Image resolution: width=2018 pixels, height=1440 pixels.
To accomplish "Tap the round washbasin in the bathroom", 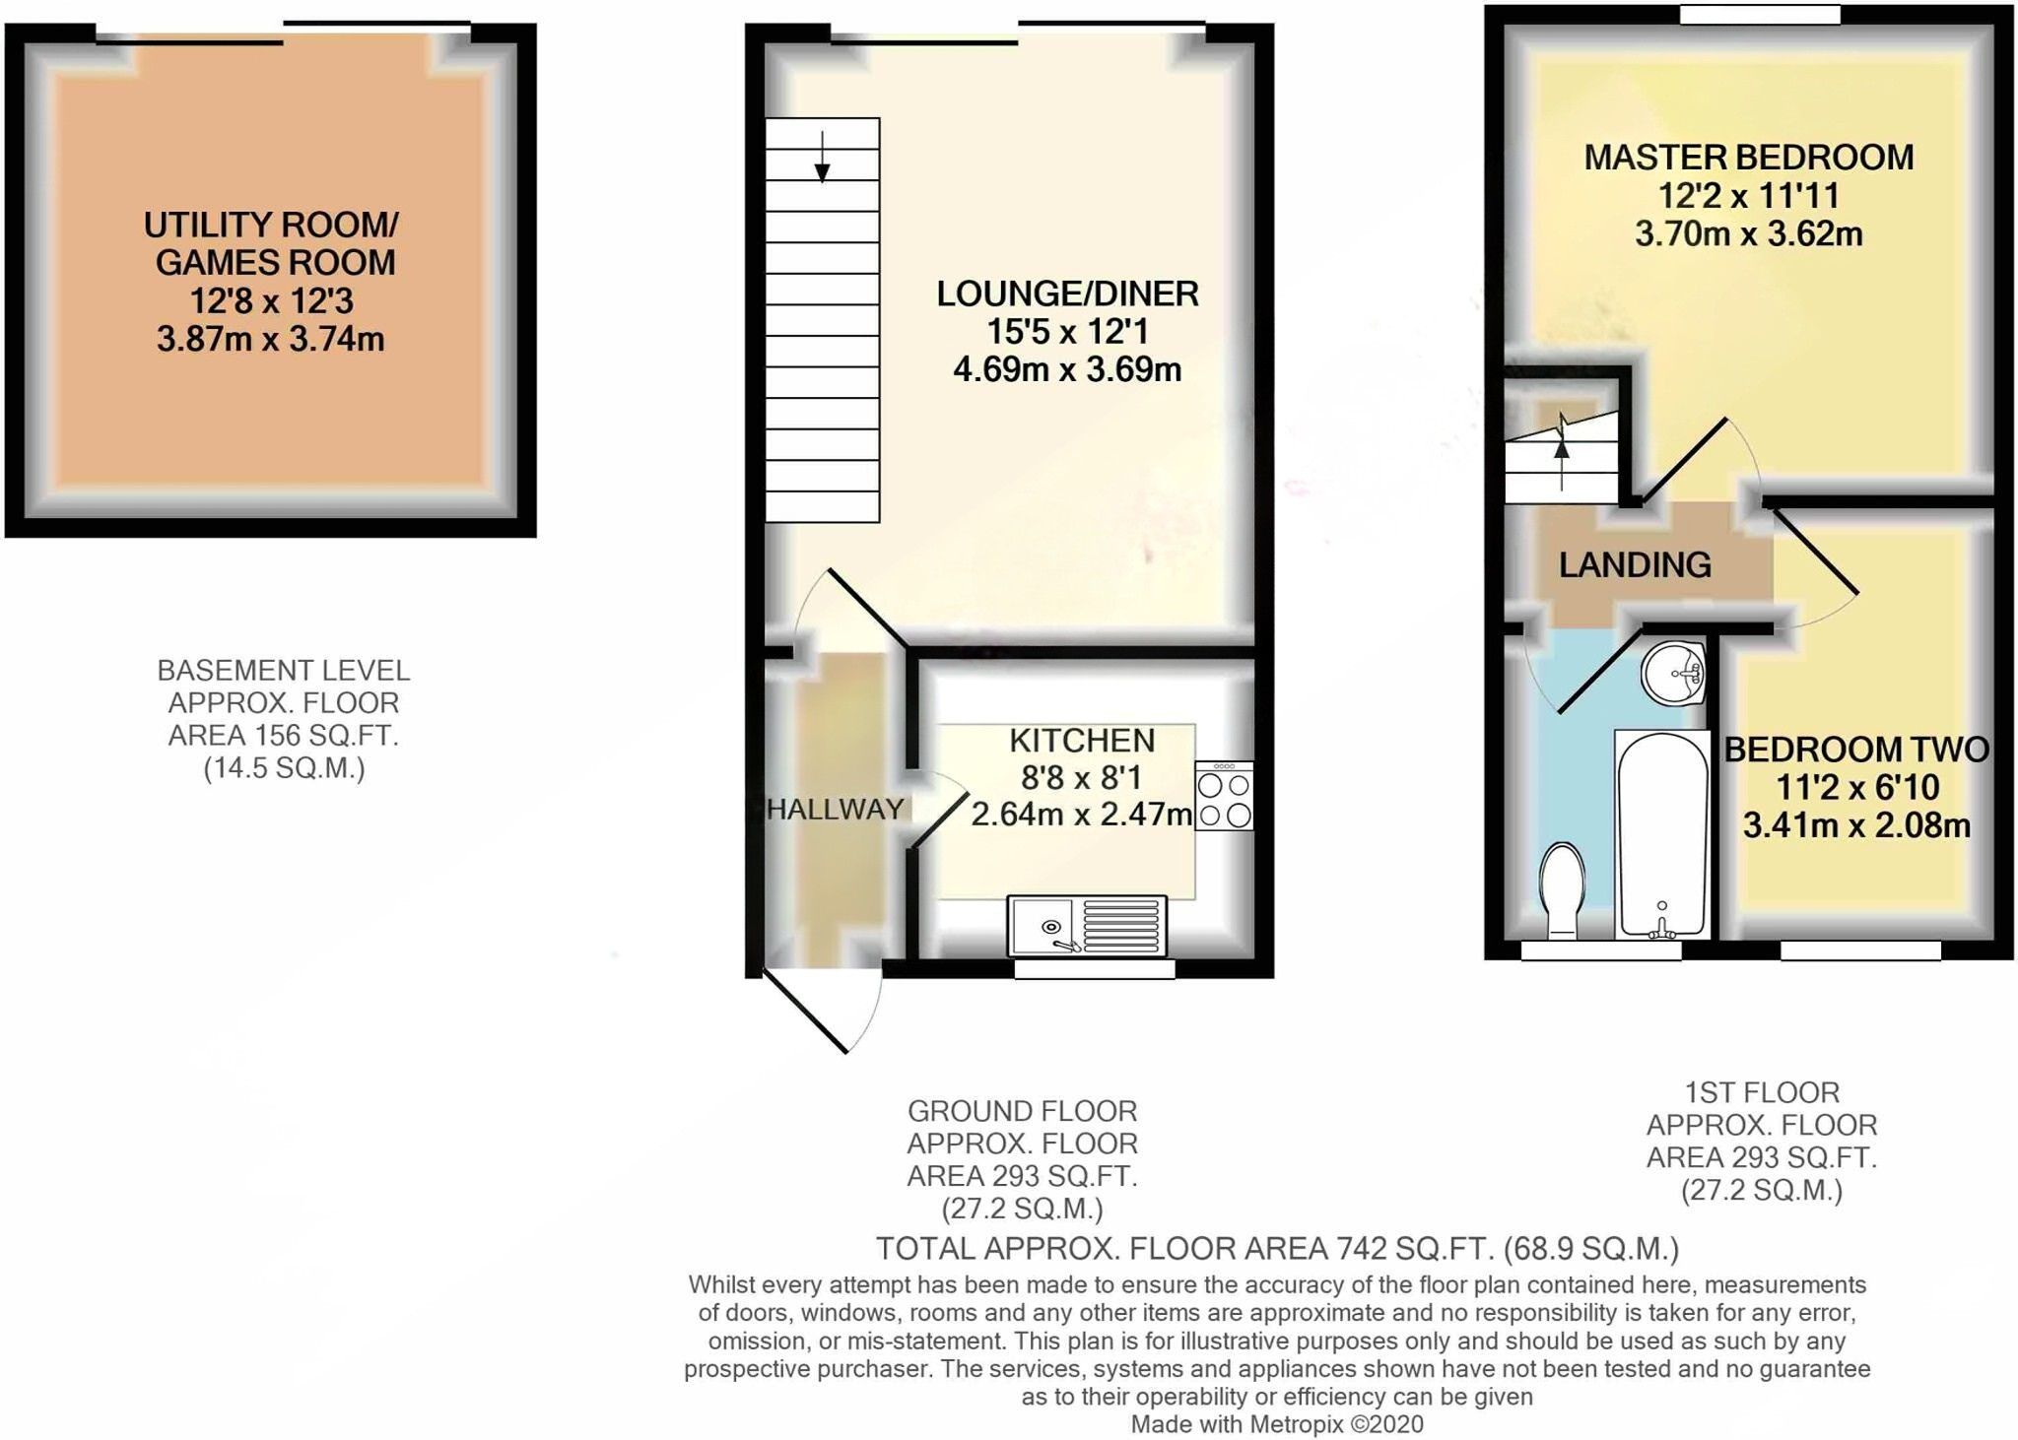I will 1673,674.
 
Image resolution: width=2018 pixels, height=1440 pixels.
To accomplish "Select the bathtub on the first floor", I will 1661,833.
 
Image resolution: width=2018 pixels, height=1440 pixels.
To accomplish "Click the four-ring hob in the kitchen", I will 1224,796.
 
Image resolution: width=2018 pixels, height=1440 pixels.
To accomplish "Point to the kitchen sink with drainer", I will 1086,926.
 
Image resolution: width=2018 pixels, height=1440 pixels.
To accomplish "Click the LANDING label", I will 1635,564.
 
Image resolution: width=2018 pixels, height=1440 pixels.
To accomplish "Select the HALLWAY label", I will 836,809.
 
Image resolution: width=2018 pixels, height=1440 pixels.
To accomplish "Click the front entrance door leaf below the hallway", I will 806,1012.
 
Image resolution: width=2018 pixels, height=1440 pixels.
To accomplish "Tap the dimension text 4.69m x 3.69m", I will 1067,369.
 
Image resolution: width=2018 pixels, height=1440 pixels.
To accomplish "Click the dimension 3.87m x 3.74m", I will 270,339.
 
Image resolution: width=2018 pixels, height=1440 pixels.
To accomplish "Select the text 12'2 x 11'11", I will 1748,195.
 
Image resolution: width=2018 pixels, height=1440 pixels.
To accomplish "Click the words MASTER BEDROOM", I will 1748,157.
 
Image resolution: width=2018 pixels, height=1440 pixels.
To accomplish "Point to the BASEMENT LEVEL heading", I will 283,671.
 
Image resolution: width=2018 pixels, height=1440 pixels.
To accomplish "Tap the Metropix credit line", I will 1276,1423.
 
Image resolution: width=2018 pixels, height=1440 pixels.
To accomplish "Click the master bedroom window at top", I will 1760,15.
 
